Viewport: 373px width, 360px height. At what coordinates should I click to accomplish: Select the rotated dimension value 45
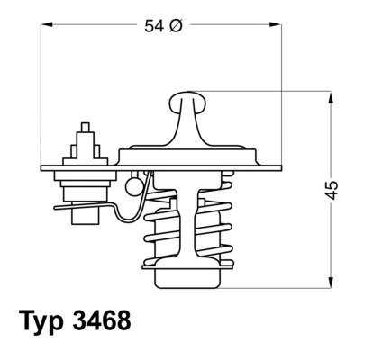coord(332,189)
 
